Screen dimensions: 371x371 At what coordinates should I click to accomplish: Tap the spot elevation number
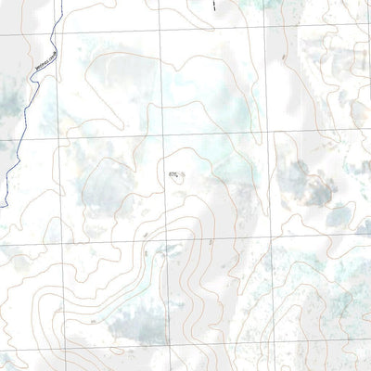pyautogui.click(x=173, y=173)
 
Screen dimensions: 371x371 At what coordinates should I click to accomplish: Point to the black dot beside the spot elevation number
pyautogui.click(x=181, y=174)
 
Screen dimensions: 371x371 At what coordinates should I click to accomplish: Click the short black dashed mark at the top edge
pyautogui.click(x=214, y=5)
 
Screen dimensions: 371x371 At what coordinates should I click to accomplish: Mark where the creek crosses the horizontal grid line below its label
pyautogui.click(x=19, y=139)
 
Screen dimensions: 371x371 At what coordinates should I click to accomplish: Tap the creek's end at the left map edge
pyautogui.click(x=1, y=206)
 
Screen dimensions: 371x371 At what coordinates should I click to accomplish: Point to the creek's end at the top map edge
pyautogui.click(x=55, y=1)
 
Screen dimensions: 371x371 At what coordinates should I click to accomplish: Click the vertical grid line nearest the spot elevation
pyautogui.click(x=164, y=185)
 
